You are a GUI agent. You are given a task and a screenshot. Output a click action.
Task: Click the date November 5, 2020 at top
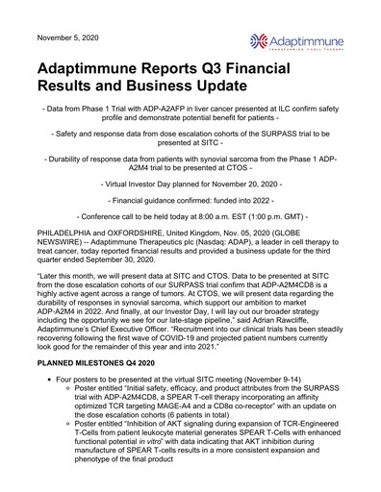[x=68, y=37]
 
